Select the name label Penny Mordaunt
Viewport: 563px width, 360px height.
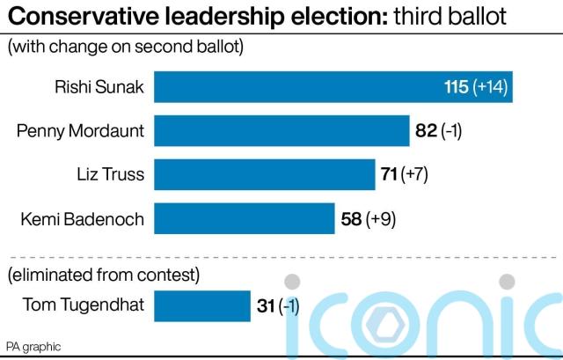click(80, 131)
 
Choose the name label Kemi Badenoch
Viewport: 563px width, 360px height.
click(82, 217)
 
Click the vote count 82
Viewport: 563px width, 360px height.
click(425, 131)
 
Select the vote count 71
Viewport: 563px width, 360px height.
click(388, 174)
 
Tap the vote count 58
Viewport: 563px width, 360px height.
click(350, 217)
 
